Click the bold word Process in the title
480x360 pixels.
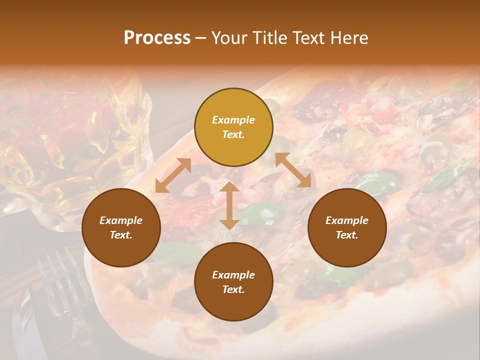157,38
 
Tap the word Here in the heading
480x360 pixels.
349,38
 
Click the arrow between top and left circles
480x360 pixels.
173,175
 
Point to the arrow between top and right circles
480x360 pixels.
293,170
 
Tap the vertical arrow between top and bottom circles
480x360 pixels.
229,205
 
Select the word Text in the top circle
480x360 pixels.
233,134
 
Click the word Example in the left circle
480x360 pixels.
121,220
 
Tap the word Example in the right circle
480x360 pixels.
347,220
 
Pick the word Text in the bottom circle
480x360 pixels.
233,289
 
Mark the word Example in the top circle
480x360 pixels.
233,120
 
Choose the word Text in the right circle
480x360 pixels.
347,235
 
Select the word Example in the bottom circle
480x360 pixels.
233,275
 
